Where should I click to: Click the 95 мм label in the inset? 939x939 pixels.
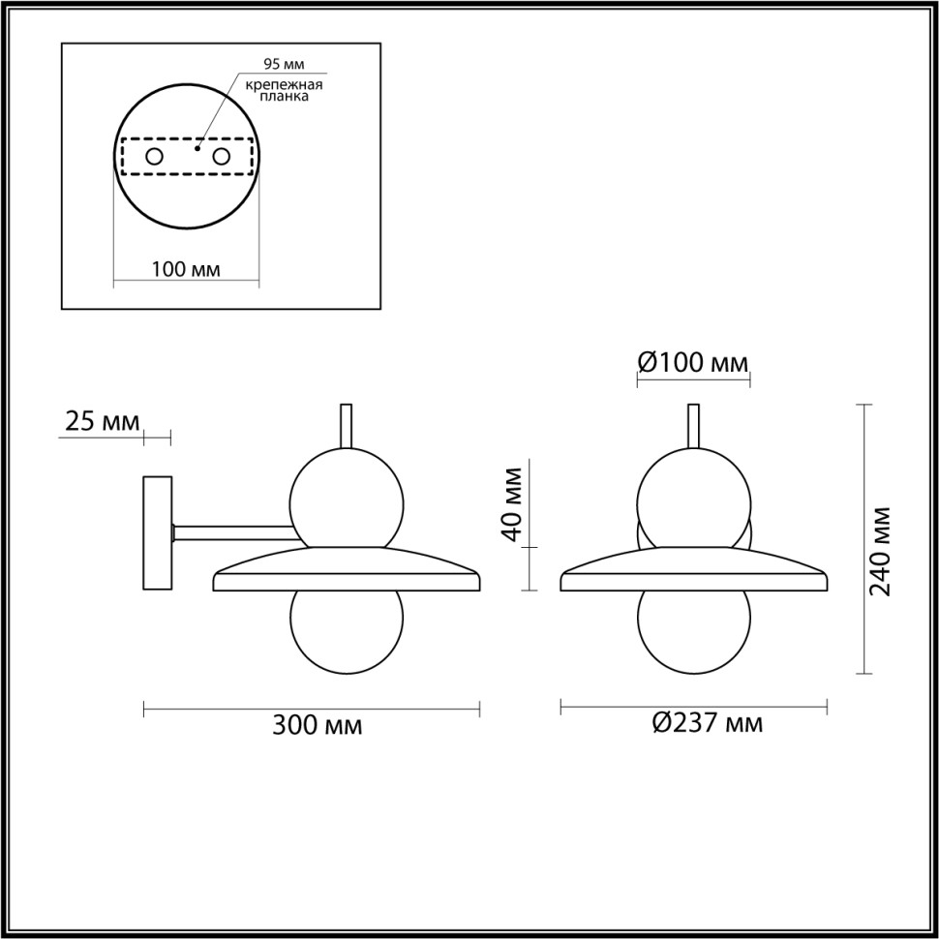(285, 65)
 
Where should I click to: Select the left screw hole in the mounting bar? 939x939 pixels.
(154, 156)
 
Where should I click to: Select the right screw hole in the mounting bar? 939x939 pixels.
(222, 156)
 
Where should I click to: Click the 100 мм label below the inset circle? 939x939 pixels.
(186, 269)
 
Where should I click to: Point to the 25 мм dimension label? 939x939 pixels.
(102, 421)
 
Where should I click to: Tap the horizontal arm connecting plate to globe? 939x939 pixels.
(232, 530)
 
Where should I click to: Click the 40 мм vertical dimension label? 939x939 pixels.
(513, 502)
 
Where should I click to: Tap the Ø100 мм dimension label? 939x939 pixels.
(693, 363)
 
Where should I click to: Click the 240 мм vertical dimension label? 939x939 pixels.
(882, 550)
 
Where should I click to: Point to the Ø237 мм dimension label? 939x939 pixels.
(707, 723)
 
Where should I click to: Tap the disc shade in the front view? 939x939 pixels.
(693, 571)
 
